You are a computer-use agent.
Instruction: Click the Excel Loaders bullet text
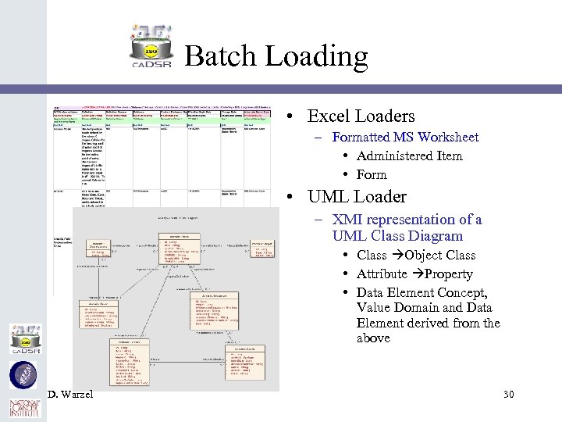tap(361, 116)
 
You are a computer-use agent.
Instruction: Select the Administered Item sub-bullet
tap(409, 156)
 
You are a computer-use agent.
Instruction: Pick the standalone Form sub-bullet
tap(372, 174)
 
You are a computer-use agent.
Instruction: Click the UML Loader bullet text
tap(357, 197)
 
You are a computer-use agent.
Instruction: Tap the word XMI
tap(347, 220)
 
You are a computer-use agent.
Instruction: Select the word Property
tap(450, 274)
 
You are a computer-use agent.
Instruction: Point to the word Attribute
tap(382, 274)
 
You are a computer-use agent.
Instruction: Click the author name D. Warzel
tap(69, 394)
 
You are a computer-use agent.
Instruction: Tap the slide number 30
tap(508, 394)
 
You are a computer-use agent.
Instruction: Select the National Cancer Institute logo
tap(23, 408)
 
